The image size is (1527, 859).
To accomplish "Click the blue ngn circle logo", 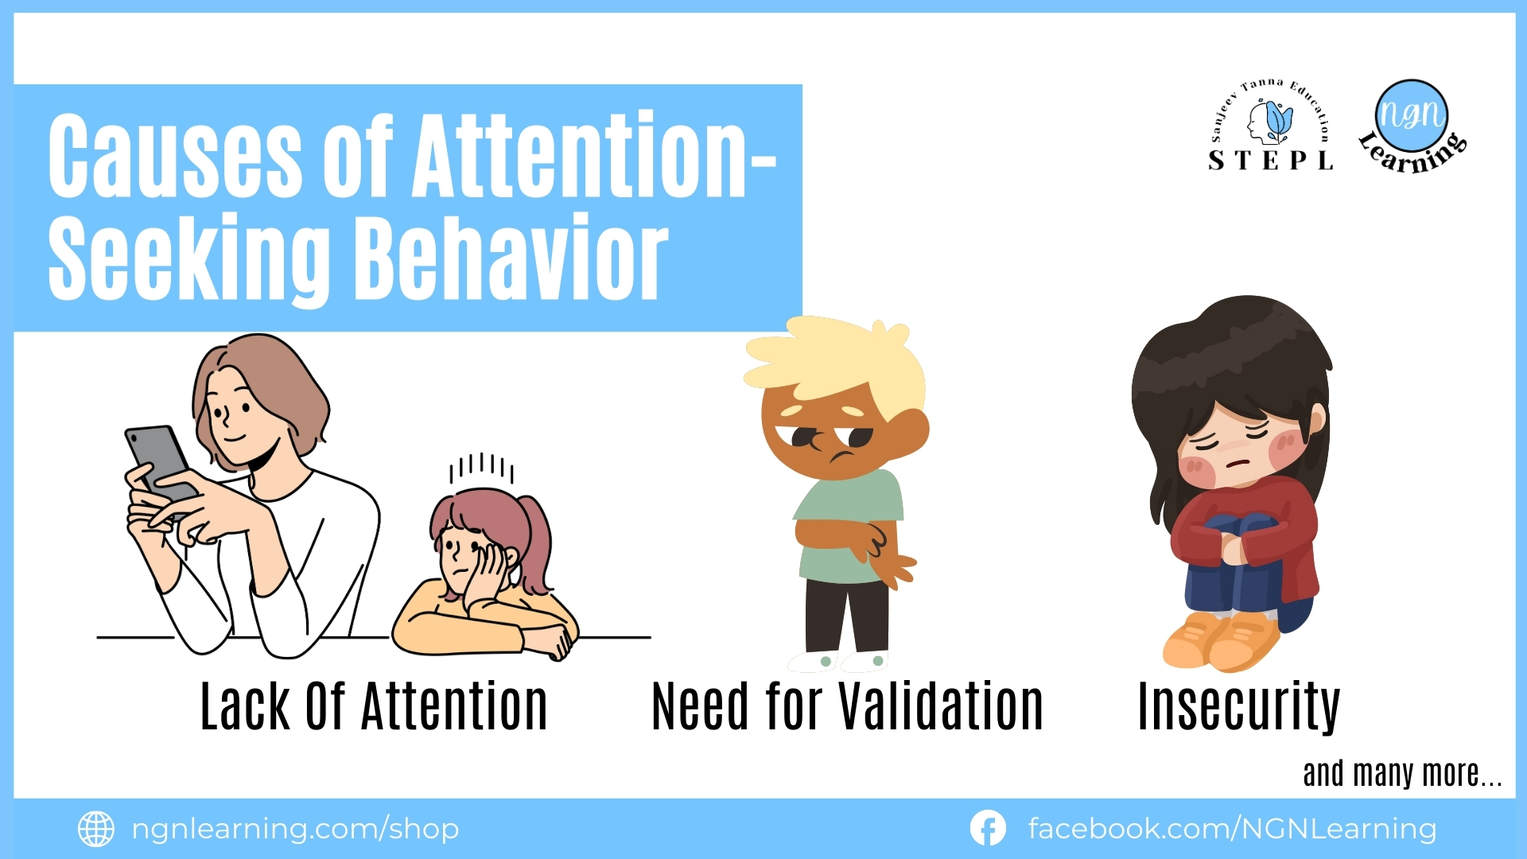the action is (x=1412, y=115).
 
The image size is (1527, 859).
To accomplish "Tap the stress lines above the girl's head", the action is (x=481, y=468).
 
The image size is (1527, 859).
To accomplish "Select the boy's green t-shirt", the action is (x=848, y=525).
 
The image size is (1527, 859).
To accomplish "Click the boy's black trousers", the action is (x=846, y=616).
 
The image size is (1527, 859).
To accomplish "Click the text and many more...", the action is (x=1402, y=773).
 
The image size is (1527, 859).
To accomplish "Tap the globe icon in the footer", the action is (x=96, y=829).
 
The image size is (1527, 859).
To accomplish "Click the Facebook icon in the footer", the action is (x=988, y=829).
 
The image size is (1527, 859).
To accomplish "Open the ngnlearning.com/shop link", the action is (x=295, y=829).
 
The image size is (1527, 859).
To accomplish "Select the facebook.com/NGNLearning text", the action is (x=1232, y=829).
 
